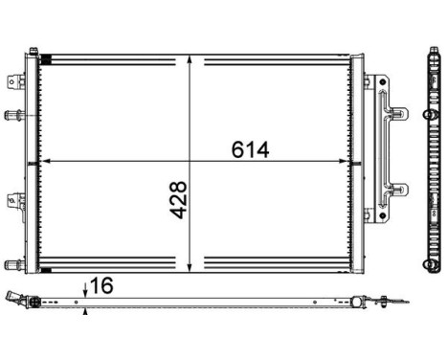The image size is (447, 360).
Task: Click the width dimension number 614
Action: (x=250, y=149)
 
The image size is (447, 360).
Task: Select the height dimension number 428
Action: (x=179, y=198)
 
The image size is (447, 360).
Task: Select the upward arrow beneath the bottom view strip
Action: (x=86, y=310)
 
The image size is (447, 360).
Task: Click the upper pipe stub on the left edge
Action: (x=13, y=116)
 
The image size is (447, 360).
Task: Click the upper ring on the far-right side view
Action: (x=426, y=117)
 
